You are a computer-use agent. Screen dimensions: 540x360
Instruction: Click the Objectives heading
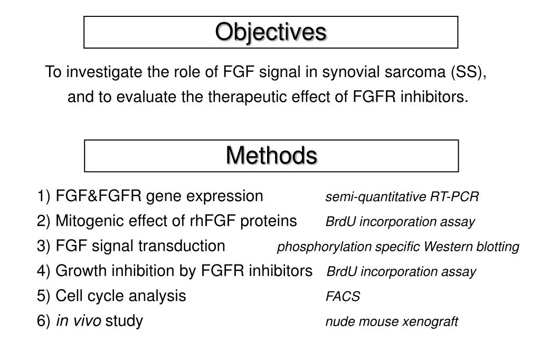coord(270,32)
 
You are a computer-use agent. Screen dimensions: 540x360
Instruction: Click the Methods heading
coord(271,155)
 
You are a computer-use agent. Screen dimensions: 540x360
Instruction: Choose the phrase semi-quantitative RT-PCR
coord(402,197)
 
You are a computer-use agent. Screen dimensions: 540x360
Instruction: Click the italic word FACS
coord(343,297)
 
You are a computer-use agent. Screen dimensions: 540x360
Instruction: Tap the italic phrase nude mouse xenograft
coord(392,321)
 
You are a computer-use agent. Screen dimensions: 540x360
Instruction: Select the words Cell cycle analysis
coord(120,296)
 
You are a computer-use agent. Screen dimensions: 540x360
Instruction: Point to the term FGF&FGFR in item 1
coord(99,196)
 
